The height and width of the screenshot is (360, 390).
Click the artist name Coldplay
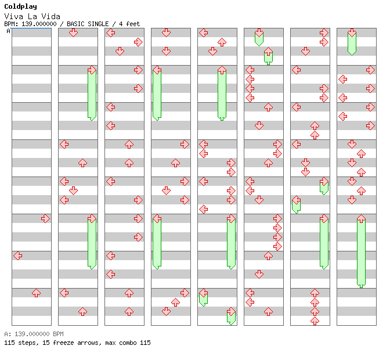(21, 7)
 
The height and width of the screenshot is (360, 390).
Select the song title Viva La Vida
(32, 16)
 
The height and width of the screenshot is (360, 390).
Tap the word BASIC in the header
(75, 24)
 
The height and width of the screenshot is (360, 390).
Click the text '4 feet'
(129, 24)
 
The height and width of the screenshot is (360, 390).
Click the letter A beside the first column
(8, 31)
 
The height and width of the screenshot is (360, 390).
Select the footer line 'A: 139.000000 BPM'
(34, 334)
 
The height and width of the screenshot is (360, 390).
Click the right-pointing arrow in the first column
(45, 219)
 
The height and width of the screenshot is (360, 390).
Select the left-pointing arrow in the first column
(17, 255)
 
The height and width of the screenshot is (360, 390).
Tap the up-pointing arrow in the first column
(37, 293)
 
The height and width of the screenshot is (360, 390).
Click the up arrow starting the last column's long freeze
(361, 219)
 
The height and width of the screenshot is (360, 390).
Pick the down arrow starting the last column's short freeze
(352, 33)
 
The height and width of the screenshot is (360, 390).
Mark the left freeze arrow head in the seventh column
(296, 200)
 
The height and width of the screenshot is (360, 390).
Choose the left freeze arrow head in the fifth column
(204, 293)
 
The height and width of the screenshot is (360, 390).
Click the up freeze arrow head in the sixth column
(268, 52)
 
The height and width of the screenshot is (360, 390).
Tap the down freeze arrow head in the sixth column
(259, 33)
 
